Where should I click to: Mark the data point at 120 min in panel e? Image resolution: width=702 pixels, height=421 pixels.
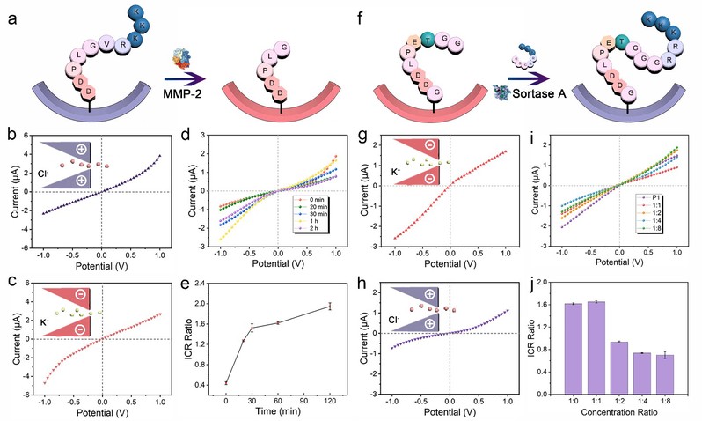pos(329,306)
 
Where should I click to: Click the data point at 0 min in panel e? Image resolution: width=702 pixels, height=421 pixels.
pos(226,382)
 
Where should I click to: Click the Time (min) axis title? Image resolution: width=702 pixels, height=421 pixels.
pos(277,411)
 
